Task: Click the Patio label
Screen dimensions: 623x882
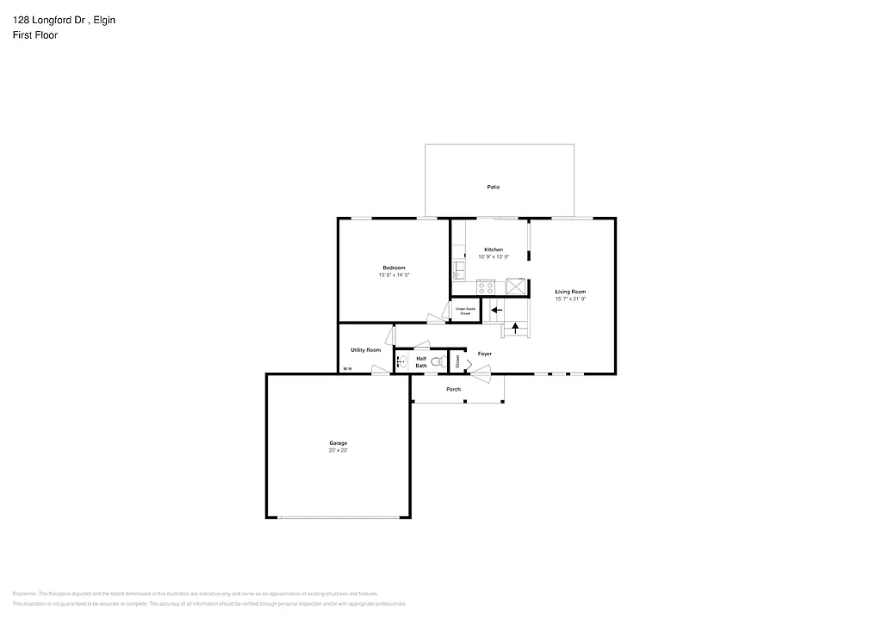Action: [493, 187]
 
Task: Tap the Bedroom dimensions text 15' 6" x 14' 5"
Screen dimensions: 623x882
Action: [394, 274]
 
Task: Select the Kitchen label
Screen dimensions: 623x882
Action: [493, 250]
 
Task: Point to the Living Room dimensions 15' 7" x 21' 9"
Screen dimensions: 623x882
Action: [570, 299]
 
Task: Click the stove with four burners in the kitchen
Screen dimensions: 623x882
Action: [485, 287]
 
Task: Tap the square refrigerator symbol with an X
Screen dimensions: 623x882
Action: [516, 287]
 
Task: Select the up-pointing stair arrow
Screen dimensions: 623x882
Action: [516, 327]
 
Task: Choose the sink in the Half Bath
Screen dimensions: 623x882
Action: [401, 363]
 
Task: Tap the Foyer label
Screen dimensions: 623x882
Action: [485, 354]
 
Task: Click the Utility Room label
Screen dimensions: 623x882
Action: [365, 350]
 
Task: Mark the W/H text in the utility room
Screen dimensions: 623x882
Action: [347, 369]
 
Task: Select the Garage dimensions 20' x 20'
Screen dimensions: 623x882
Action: [338, 450]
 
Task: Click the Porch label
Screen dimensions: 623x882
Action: [453, 389]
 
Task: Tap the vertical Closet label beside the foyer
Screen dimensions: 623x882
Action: [457, 362]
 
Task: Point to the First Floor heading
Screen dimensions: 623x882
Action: [35, 35]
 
